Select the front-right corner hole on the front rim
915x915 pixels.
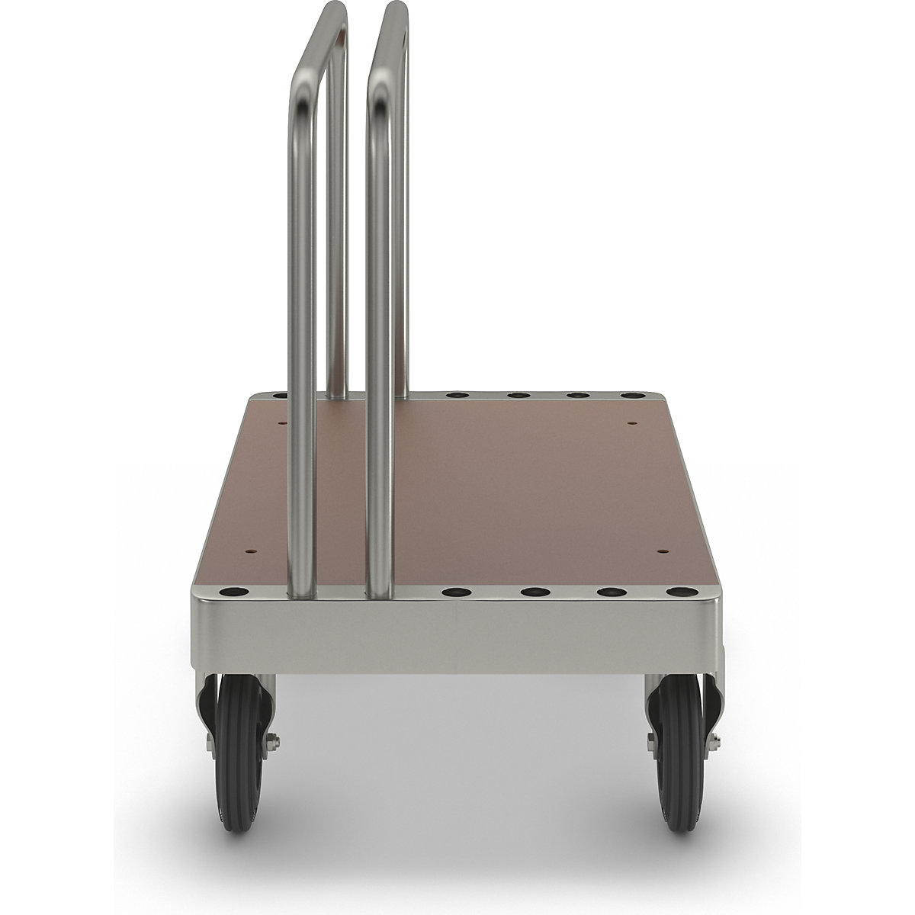tap(676, 592)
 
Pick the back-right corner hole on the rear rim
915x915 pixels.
tap(631, 396)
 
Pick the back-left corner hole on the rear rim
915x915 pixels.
tap(279, 396)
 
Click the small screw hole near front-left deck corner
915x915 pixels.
tap(248, 548)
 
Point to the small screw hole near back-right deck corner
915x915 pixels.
tap(632, 421)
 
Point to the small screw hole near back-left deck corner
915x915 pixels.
tap(281, 421)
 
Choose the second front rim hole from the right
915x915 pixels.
tap(608, 592)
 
